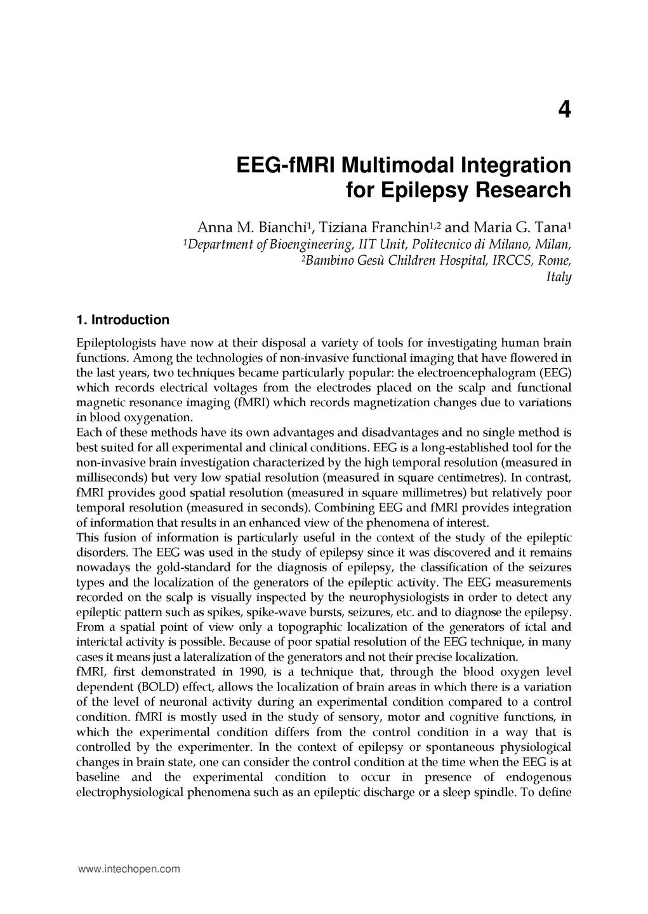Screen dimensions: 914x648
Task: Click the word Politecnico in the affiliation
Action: point(446,244)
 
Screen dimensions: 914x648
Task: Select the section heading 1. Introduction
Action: point(122,319)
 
